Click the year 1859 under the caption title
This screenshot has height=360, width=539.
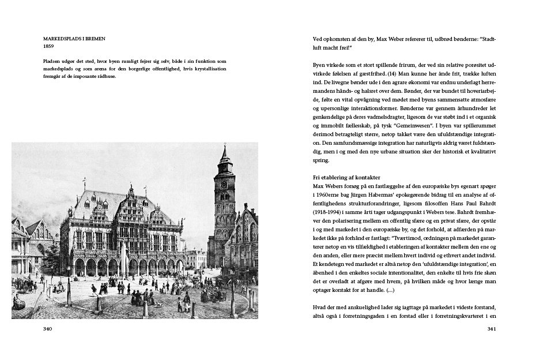(48, 46)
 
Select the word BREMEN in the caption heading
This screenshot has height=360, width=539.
(93, 39)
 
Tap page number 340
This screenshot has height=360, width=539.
(48, 329)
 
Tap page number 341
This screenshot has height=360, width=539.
(492, 329)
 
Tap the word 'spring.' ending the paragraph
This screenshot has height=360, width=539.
(321, 160)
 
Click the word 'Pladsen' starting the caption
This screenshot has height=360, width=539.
(52, 61)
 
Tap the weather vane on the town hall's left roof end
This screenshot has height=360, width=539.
(84, 181)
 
